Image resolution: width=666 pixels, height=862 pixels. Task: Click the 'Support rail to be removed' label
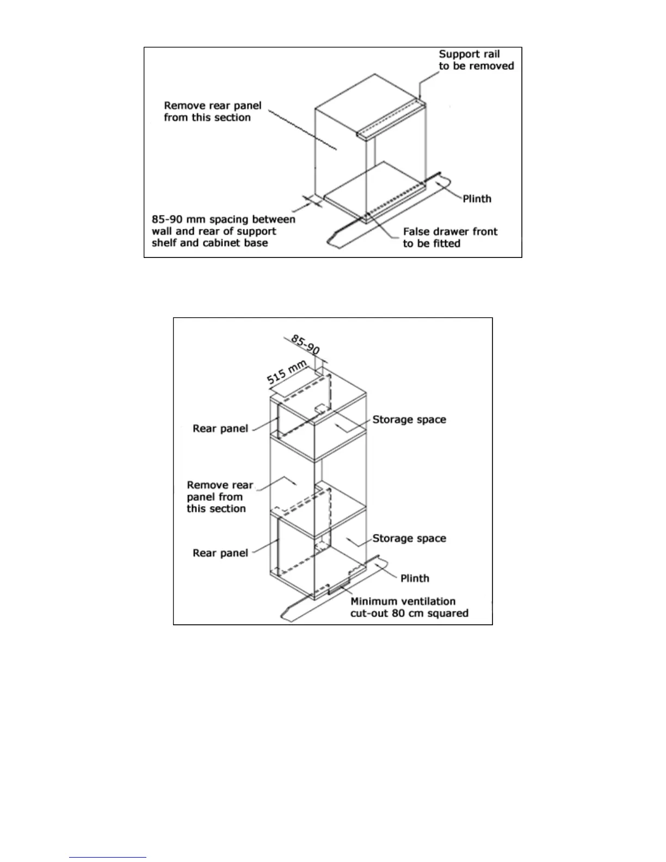click(476, 60)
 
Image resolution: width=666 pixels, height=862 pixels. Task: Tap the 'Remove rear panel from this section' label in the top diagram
click(212, 112)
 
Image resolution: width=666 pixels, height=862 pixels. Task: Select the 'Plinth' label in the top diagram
click(477, 199)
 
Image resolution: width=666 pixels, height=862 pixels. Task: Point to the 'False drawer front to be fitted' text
click(450, 237)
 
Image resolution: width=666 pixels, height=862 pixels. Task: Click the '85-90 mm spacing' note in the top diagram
click(223, 231)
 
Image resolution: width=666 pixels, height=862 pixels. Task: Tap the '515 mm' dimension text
click(287, 372)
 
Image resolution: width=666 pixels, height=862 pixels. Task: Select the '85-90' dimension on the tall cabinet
click(305, 344)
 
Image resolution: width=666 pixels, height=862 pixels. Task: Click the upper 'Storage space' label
click(409, 420)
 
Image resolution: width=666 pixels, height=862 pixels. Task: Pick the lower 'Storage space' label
click(409, 538)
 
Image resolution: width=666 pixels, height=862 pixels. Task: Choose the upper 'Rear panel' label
click(220, 429)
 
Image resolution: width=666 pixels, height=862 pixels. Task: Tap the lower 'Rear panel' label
click(220, 553)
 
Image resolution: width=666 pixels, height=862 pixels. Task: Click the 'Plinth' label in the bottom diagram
click(415, 578)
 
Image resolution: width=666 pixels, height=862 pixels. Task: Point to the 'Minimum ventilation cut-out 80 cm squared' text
click(409, 607)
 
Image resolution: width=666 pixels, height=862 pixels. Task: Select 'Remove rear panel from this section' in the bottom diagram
click(219, 496)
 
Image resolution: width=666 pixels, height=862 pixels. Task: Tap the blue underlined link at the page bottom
click(108, 857)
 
